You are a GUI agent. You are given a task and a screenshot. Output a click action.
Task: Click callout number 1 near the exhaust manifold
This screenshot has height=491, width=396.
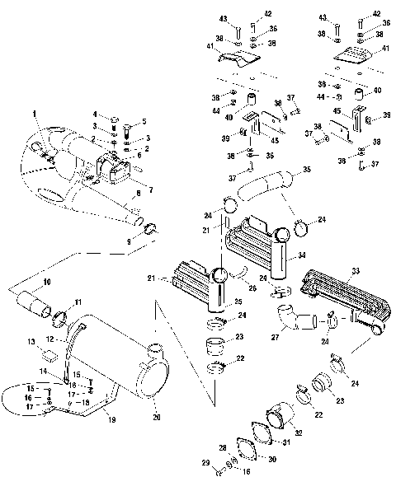pos(34,112)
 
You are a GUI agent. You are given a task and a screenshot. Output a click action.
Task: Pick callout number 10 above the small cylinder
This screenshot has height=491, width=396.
pos(46,283)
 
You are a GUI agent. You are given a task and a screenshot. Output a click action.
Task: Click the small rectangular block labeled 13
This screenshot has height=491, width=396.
pos(49,355)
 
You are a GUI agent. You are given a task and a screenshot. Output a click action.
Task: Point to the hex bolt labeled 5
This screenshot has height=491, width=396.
pos(128,130)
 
